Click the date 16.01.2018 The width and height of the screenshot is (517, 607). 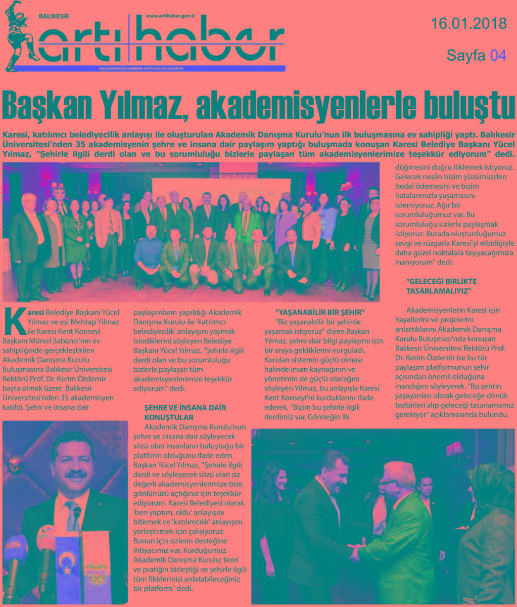point(468,23)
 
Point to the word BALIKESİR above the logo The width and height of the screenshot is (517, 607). point(54,16)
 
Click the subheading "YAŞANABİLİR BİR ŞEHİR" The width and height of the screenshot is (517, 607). point(319,311)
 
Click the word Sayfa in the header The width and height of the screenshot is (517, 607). point(466,55)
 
